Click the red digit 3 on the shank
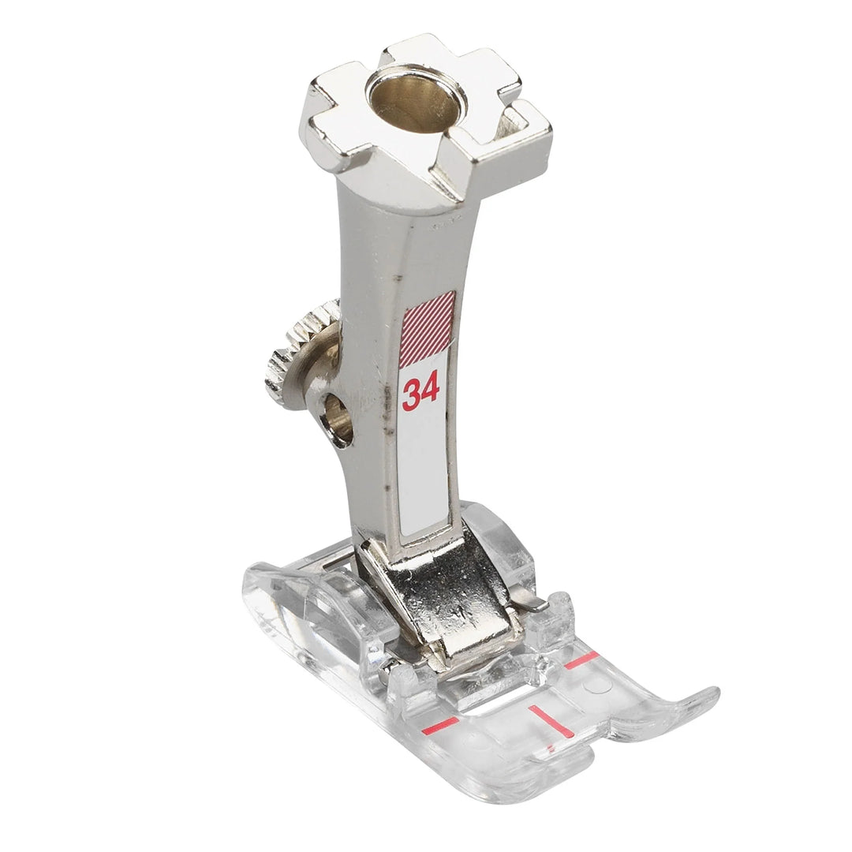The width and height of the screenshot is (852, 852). [x=411, y=395]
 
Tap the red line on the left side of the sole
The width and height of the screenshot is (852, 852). [x=441, y=723]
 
